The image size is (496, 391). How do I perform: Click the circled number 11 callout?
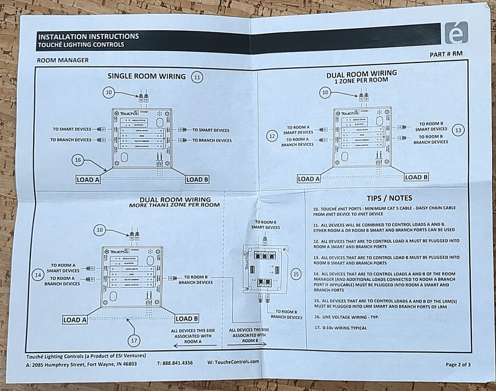click(x=198, y=77)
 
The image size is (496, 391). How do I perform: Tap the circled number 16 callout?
click(x=77, y=160)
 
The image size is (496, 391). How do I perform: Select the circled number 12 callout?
click(x=271, y=136)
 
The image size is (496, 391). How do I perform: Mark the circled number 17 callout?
click(x=134, y=340)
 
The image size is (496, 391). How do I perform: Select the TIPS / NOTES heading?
click(x=388, y=198)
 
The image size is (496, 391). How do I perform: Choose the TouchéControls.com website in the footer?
click(x=234, y=362)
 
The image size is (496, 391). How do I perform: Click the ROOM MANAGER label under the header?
click(x=62, y=60)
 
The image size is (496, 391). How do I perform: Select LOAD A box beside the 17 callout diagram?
click(x=75, y=320)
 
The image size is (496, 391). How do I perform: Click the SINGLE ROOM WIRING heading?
click(x=147, y=76)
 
